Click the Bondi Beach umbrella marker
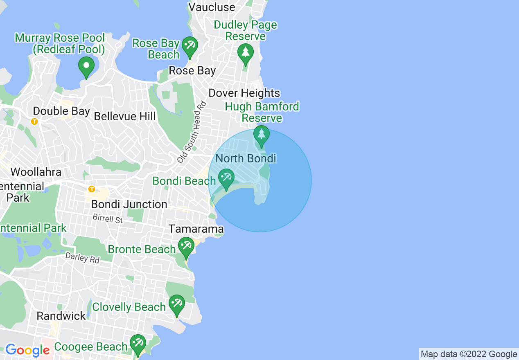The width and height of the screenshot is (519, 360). (x=226, y=178)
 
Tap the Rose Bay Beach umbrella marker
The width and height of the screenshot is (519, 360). (x=190, y=46)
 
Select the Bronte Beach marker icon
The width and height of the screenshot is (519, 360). (x=186, y=247)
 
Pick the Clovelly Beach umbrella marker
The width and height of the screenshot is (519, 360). (x=176, y=304)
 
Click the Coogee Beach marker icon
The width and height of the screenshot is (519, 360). (x=138, y=344)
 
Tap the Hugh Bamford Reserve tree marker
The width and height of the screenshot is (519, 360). (x=261, y=135)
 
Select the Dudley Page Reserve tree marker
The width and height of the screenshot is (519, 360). (x=246, y=54)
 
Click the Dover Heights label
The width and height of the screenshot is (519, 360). (x=244, y=93)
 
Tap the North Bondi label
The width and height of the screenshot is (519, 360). (x=246, y=158)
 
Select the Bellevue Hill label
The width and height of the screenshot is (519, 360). (x=125, y=116)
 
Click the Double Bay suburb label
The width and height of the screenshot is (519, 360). (x=61, y=111)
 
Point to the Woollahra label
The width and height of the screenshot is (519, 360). (x=36, y=172)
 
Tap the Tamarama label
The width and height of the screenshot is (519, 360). (x=196, y=229)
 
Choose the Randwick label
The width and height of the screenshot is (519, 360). (x=61, y=316)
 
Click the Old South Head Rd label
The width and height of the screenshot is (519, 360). (x=191, y=132)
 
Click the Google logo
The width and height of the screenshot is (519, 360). (x=27, y=350)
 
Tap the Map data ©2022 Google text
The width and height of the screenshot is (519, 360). (x=469, y=354)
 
